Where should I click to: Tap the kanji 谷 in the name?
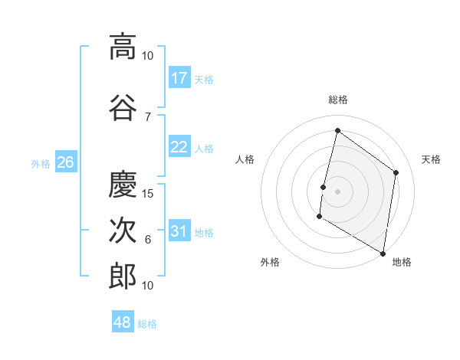(x=123, y=107)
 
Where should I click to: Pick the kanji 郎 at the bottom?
(x=123, y=276)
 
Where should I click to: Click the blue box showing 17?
(x=179, y=78)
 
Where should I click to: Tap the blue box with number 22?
(x=179, y=148)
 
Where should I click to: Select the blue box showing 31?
(x=179, y=231)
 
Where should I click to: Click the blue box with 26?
(x=65, y=162)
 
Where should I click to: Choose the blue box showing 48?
(x=123, y=322)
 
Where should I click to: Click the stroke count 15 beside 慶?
(x=149, y=193)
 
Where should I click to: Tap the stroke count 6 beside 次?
(x=148, y=240)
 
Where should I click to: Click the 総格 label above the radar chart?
(x=337, y=100)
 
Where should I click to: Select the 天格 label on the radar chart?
(x=432, y=159)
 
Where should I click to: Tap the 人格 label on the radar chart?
(x=245, y=159)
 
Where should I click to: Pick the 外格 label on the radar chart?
(x=270, y=262)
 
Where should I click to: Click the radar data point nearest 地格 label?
(x=383, y=253)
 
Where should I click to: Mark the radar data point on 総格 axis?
(x=337, y=130)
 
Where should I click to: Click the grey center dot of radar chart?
(x=337, y=191)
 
